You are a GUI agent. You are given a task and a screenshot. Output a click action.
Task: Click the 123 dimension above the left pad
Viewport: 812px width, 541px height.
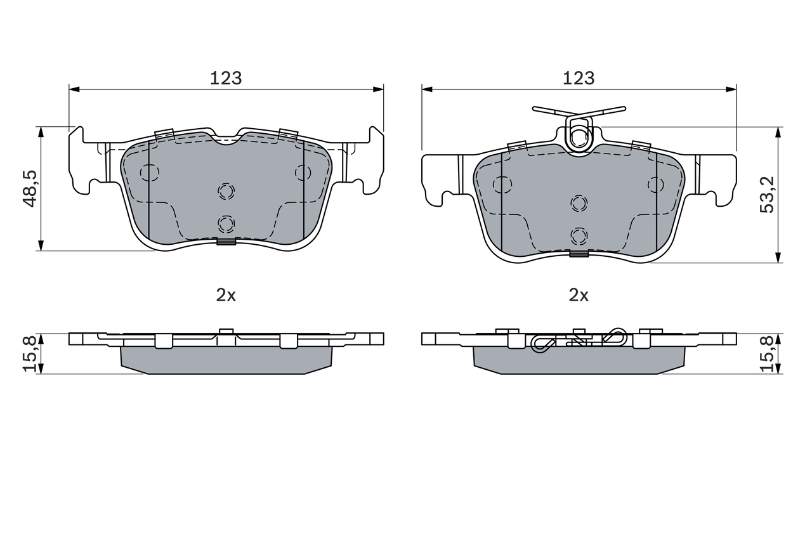coord(226,78)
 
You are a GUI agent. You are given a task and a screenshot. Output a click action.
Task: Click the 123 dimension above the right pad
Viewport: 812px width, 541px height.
coord(579,78)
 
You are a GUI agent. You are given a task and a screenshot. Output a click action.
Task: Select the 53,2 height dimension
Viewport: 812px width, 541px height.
coord(768,195)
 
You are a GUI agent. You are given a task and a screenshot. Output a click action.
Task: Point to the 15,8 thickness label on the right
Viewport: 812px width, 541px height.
coord(768,353)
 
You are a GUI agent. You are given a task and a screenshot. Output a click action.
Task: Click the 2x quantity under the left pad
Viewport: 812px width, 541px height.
coord(226,295)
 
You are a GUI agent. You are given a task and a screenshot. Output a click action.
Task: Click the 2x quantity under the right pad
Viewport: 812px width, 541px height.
coord(579,295)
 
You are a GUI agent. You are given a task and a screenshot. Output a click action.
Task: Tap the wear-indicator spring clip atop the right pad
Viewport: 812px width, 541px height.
coord(579,130)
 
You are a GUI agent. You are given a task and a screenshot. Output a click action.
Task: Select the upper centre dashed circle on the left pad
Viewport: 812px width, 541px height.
coord(226,190)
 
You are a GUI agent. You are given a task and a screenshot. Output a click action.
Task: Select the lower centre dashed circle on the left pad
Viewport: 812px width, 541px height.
coord(226,223)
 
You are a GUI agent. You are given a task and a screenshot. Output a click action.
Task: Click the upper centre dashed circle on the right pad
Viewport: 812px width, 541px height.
coord(579,203)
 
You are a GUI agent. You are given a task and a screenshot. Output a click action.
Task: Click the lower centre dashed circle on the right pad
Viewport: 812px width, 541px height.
coord(579,235)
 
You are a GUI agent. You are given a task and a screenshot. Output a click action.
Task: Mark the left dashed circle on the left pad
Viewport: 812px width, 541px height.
coord(149,173)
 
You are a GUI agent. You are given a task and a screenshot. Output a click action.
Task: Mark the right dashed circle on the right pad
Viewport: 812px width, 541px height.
coord(656,185)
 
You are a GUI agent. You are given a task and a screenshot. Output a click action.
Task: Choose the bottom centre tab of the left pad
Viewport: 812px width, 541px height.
coord(226,241)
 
